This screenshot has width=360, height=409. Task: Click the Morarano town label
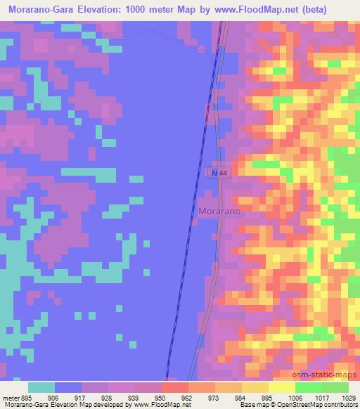click(x=221, y=210)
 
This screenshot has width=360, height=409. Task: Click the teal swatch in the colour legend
click(x=41, y=387)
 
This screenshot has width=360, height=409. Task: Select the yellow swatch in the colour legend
click(x=282, y=387)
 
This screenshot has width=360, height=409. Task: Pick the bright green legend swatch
click(x=309, y=387)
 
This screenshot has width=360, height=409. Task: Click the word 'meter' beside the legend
click(x=8, y=397)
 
